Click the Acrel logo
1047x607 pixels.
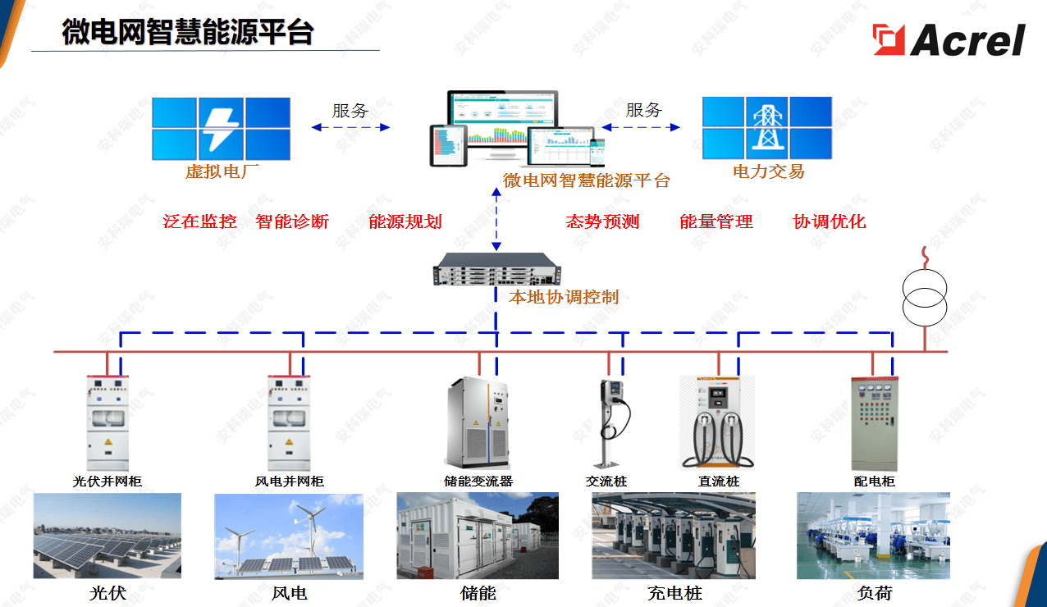click(x=949, y=39)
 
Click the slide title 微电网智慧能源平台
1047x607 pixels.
click(x=188, y=32)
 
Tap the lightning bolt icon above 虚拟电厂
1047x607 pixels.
click(x=221, y=129)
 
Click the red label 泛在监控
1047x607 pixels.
click(x=200, y=221)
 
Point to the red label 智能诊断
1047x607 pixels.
click(x=292, y=221)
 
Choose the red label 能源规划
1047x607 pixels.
click(x=405, y=221)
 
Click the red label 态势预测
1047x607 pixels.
click(x=602, y=221)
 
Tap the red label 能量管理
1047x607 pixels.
click(x=716, y=221)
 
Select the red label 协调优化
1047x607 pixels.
click(x=830, y=221)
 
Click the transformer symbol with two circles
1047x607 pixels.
click(x=925, y=297)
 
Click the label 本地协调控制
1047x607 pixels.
click(x=564, y=297)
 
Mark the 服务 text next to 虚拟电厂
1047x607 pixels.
click(x=350, y=111)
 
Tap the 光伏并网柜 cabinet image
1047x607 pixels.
click(x=107, y=423)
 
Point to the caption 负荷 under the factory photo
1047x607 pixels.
click(x=873, y=592)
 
